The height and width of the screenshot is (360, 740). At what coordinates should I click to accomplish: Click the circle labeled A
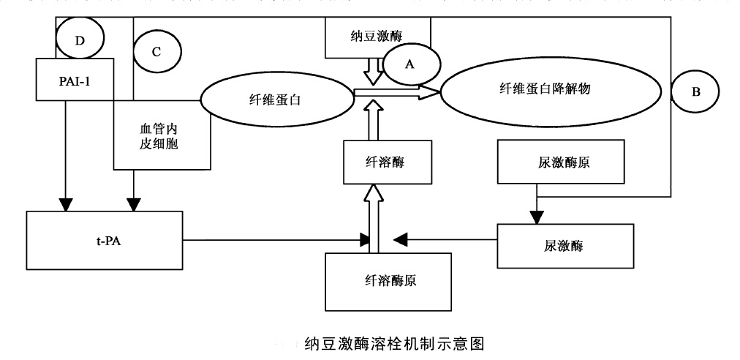click(x=409, y=64)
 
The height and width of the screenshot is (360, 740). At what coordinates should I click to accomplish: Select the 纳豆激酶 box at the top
click(x=377, y=35)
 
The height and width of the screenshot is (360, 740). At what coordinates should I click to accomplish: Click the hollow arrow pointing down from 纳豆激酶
click(x=373, y=72)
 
